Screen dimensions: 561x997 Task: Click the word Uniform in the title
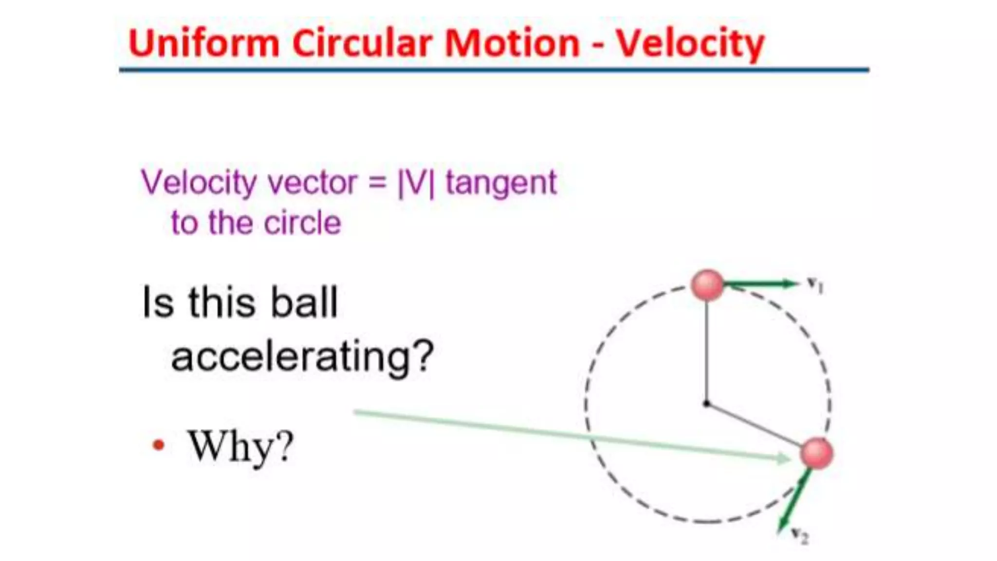(203, 43)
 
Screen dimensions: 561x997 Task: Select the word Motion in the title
(512, 43)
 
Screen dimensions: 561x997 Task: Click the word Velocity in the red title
(690, 44)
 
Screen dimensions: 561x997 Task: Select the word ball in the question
(304, 302)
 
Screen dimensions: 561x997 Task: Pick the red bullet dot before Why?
(159, 445)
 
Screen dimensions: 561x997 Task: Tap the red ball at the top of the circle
(707, 285)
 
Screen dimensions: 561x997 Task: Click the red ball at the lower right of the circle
(816, 453)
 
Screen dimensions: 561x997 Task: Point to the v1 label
(815, 285)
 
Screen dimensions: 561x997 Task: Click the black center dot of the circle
(706, 404)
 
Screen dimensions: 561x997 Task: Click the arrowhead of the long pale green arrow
(784, 458)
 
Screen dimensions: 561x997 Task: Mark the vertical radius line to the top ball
(707, 351)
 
